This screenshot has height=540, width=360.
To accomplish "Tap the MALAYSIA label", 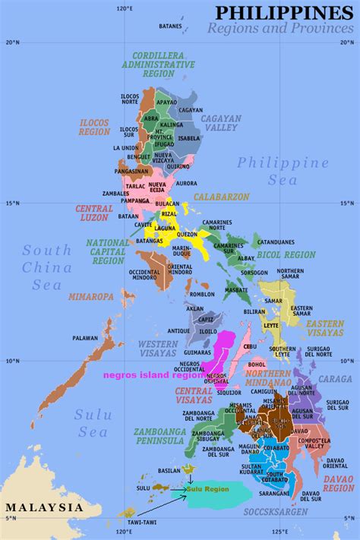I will (43, 507).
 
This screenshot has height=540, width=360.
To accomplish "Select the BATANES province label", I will (170, 27).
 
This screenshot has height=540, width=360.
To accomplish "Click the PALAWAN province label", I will (85, 338).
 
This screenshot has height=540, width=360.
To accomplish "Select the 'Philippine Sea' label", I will (283, 172).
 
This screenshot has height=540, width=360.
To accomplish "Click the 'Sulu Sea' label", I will (93, 423).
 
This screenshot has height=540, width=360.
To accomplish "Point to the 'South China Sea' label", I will (47, 268).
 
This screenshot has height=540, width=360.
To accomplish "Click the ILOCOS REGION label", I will (94, 127).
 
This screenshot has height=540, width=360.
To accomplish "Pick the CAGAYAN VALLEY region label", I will (221, 124).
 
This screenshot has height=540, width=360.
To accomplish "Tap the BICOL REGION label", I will (286, 254).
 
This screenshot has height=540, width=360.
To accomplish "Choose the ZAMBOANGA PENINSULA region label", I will (160, 436).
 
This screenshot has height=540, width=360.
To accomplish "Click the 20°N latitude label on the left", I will (11, 43).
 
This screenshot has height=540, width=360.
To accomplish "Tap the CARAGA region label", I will (335, 378).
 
